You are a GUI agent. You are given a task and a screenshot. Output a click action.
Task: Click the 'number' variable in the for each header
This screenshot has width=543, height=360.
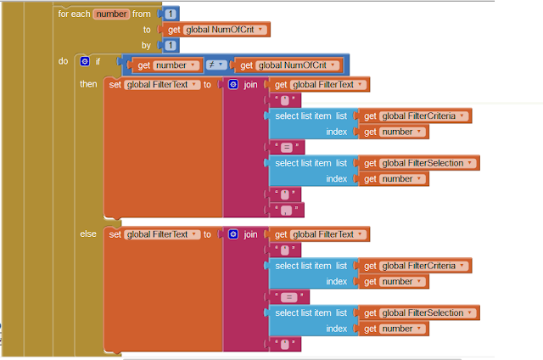tap(111, 14)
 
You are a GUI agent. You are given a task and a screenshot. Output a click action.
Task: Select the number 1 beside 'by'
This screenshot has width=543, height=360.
tap(171, 45)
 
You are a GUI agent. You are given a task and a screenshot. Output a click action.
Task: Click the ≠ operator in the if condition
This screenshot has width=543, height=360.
tap(210, 65)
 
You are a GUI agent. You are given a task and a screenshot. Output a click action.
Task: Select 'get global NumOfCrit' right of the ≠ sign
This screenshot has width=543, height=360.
tap(287, 65)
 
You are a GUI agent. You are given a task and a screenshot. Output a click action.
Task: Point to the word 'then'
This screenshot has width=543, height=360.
tap(88, 84)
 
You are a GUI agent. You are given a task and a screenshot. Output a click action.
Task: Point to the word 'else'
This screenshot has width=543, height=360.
tap(88, 233)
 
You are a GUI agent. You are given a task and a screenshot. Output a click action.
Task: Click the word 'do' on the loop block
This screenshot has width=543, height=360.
tap(64, 61)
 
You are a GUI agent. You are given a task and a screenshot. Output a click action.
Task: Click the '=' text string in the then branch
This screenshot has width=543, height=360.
tap(287, 147)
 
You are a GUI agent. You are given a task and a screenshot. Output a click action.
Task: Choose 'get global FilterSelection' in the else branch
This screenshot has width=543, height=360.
tap(417, 312)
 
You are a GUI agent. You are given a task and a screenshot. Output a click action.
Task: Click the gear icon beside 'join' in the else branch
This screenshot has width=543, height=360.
tap(232, 233)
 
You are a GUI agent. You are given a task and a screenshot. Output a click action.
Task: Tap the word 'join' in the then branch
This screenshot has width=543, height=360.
tap(250, 84)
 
